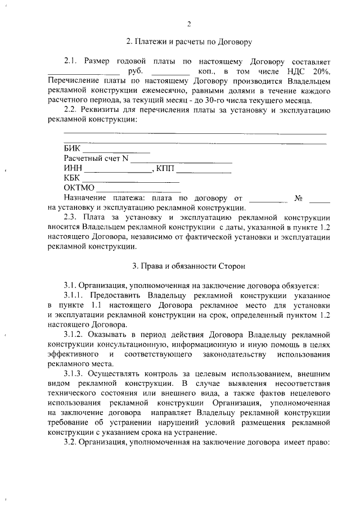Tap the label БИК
73,148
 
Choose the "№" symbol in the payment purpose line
299,198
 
